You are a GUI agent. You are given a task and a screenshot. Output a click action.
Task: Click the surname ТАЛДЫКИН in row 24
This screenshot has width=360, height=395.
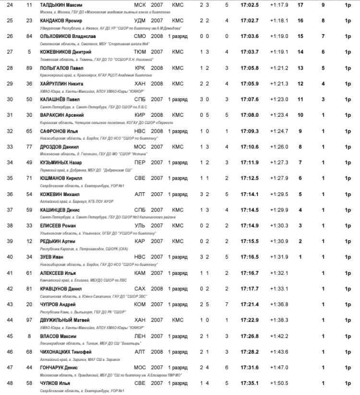point(52,5)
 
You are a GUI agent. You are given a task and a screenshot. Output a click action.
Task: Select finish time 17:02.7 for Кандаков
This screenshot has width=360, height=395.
point(250,21)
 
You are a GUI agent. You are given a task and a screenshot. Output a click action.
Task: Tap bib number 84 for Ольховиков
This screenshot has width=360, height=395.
point(29,37)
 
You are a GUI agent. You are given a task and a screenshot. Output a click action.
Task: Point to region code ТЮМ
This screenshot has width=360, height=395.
point(140,52)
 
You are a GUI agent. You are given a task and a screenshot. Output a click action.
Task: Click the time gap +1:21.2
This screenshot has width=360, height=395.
point(279,68)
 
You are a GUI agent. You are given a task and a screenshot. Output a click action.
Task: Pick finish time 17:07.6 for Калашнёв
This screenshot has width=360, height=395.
point(250,99)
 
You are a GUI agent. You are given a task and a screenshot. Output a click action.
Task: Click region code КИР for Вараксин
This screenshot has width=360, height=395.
point(140,115)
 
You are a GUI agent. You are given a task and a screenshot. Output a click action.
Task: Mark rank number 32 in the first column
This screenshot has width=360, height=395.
point(10,131)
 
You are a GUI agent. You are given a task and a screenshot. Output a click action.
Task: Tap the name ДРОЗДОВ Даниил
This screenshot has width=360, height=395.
point(57,147)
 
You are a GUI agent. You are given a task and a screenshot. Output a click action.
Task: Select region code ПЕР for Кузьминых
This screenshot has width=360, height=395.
point(140,162)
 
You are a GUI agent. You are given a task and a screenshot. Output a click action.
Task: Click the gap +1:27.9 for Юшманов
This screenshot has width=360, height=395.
point(279,178)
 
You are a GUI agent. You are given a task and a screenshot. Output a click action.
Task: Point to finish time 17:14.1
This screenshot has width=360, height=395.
point(250,194)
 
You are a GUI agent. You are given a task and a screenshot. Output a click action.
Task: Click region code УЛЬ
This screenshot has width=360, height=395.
point(140,225)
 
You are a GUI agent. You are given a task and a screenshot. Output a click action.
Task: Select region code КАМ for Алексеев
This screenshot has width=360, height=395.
point(140,272)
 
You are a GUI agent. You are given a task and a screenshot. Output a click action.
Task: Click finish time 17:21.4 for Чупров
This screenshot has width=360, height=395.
point(250,304)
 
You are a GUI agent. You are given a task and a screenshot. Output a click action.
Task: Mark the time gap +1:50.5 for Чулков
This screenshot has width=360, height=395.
point(279,383)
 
